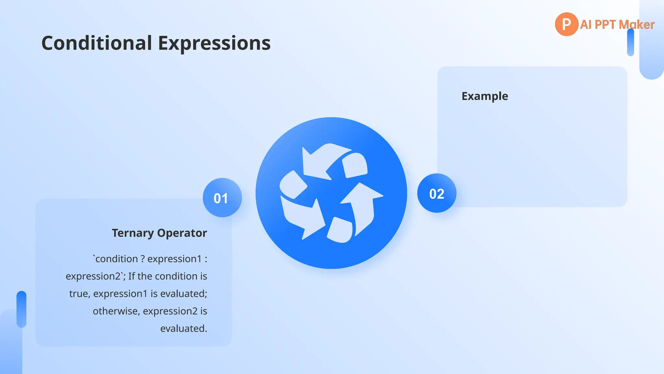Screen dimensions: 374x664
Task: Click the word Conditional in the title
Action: (97, 43)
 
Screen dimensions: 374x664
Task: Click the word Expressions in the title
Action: (214, 43)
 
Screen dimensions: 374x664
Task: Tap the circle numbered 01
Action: (222, 198)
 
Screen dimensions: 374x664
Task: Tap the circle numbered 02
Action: (436, 193)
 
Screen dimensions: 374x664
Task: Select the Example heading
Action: (485, 96)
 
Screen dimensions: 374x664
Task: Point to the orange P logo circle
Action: (566, 24)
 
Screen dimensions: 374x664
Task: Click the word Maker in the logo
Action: (636, 25)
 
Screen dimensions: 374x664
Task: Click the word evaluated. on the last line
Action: (184, 329)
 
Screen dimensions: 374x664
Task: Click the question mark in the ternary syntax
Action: (143, 259)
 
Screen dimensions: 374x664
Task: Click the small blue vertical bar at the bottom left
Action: (21, 309)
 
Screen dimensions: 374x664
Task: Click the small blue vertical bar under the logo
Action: (630, 42)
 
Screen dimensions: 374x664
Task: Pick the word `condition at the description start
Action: (115, 259)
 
